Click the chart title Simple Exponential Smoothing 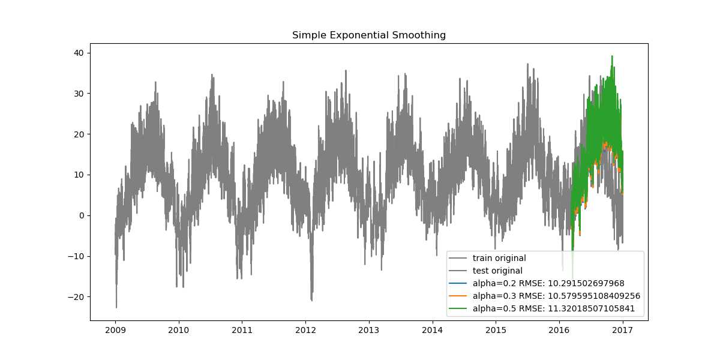369,35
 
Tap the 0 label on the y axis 82,215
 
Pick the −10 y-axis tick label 77,256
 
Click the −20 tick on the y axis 77,297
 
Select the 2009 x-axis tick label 115,330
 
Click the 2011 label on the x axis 242,330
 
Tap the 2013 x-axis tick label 369,330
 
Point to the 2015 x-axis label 496,330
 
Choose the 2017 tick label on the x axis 623,330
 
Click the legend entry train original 499,258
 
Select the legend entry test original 497,271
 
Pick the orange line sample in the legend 460,296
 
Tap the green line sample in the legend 460,308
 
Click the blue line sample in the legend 460,283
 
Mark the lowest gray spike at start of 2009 116,307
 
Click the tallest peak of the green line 612,56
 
